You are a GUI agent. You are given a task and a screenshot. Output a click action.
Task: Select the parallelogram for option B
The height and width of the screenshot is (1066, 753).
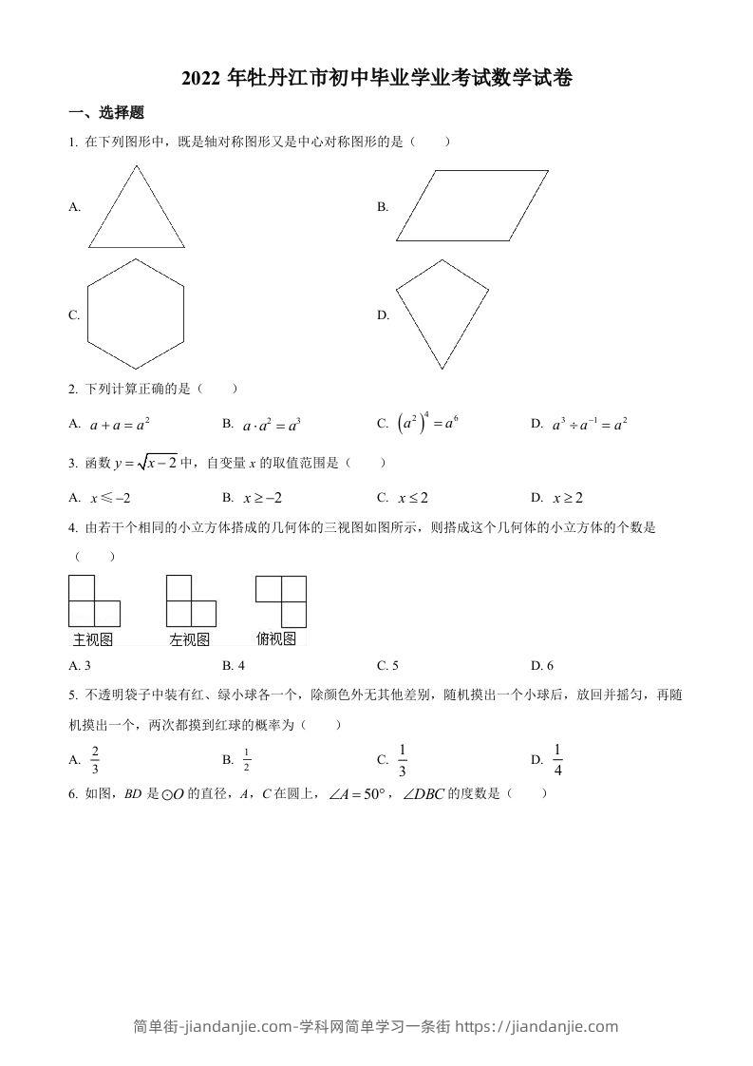point(472,205)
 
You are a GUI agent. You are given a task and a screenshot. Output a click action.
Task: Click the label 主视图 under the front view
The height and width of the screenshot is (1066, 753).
point(93,639)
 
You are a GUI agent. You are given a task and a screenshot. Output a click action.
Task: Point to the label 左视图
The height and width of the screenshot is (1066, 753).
point(189,639)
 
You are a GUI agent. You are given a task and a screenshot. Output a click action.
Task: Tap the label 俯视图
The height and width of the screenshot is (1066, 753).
point(276,638)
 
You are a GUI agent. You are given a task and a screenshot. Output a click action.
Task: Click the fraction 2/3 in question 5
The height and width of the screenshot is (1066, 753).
point(95,760)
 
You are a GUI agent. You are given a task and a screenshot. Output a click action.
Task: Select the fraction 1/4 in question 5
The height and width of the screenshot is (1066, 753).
point(557,760)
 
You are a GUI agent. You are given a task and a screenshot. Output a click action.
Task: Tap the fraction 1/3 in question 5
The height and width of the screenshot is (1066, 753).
point(403,760)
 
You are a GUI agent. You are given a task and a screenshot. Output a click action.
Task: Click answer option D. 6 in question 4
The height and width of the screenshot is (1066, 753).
point(542,665)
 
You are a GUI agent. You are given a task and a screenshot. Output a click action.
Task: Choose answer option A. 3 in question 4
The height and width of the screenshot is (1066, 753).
point(80,665)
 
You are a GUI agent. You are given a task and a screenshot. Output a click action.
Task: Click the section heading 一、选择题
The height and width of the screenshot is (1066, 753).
point(106,112)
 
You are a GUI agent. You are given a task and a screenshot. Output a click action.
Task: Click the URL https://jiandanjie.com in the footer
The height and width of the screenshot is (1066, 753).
point(537,1025)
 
